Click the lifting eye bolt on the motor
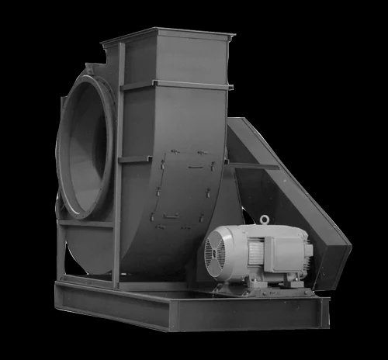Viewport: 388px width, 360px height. click(x=265, y=220)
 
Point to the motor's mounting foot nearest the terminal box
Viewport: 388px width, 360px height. click(x=293, y=283)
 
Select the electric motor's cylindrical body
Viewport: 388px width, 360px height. click(x=248, y=252)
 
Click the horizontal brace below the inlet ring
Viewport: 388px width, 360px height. click(x=85, y=223)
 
